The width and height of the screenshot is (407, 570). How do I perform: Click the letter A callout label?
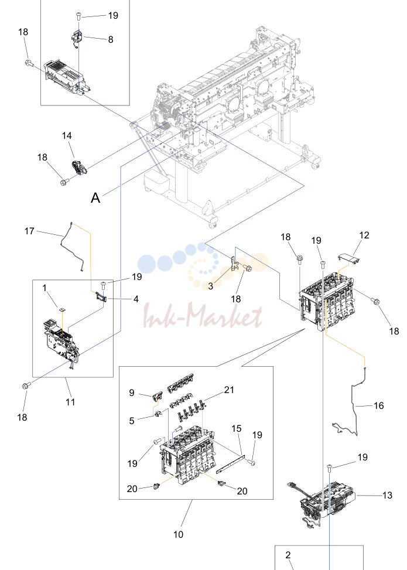(x=95, y=198)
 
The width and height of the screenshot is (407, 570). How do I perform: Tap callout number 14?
(x=67, y=135)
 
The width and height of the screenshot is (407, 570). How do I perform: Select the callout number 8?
(x=111, y=39)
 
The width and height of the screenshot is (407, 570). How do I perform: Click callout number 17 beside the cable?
(x=29, y=231)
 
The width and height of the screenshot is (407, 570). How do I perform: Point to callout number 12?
(x=364, y=235)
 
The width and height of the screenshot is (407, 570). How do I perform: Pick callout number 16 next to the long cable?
(x=379, y=405)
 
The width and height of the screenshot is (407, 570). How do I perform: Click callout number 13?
(x=387, y=495)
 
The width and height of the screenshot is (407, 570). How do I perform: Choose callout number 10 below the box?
(x=179, y=534)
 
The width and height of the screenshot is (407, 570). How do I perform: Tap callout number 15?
(x=236, y=429)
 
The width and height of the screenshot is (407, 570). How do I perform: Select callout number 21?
(x=229, y=390)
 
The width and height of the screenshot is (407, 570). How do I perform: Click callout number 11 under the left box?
(x=70, y=402)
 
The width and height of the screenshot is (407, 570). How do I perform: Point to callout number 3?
(x=210, y=286)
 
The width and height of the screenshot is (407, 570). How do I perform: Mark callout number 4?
(x=136, y=299)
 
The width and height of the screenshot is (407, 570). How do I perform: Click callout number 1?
(x=45, y=288)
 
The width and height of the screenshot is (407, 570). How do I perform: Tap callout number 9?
(x=132, y=392)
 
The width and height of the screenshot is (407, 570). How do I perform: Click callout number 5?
(x=132, y=421)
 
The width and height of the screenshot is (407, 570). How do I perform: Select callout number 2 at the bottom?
(x=288, y=555)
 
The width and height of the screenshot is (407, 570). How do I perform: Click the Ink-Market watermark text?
(x=203, y=316)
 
